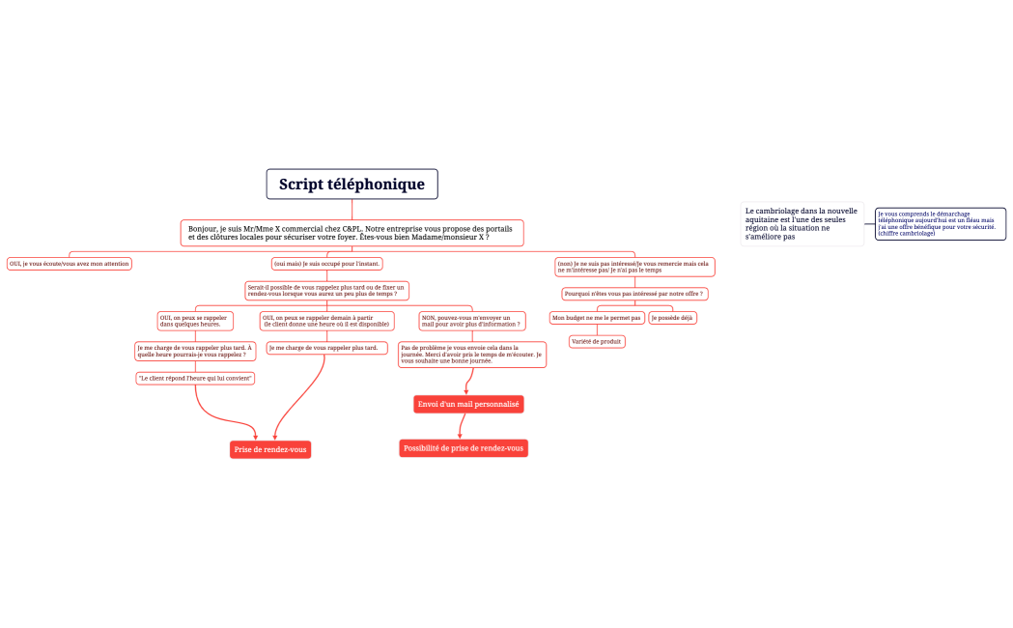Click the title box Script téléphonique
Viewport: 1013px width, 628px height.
pos(352,185)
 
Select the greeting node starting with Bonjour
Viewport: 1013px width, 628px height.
pos(352,233)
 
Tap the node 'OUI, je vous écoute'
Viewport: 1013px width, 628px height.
pos(69,263)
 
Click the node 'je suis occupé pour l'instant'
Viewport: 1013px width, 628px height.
pos(326,263)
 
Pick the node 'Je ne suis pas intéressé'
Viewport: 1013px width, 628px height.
pos(634,267)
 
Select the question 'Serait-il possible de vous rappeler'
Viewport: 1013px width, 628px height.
pos(326,290)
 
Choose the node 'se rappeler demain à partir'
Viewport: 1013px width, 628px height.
pos(326,321)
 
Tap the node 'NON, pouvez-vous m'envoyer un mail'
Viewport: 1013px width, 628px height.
pos(471,321)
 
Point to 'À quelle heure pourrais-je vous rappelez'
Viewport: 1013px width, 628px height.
pos(195,351)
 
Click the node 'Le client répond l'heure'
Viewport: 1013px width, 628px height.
pos(195,378)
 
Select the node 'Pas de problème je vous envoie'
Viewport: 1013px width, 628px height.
pos(471,354)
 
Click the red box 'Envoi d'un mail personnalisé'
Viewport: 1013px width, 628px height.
pos(468,404)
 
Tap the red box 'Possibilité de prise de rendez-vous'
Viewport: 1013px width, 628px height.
pos(464,448)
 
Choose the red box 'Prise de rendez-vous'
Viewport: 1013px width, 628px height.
pos(270,449)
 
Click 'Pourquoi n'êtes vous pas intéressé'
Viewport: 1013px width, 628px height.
pos(633,294)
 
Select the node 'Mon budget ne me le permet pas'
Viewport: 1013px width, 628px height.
pos(597,318)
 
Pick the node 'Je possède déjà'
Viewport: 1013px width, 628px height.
pos(672,318)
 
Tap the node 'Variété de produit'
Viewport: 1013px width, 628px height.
pos(597,341)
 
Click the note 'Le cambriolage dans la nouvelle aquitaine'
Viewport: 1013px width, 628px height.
pos(802,223)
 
